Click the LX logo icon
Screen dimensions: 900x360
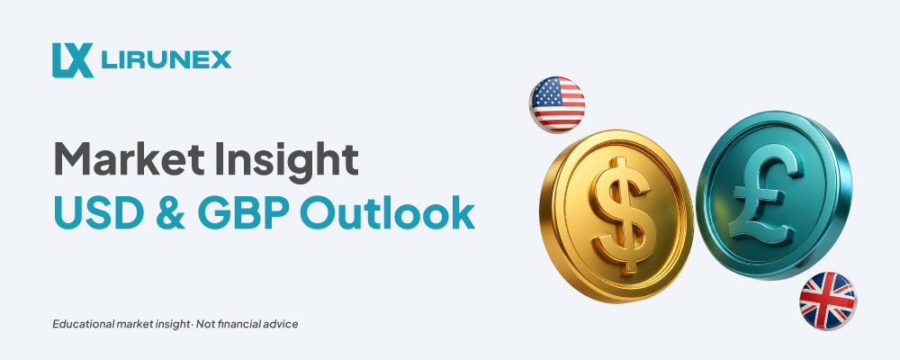[72, 59]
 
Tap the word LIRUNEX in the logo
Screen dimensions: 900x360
[166, 59]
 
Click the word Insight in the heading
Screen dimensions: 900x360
[286, 159]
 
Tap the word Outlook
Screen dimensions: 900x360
[387, 212]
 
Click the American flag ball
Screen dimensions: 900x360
[557, 104]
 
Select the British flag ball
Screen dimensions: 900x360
[827, 301]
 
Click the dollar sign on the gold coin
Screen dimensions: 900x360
[622, 215]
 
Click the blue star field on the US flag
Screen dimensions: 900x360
[544, 92]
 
